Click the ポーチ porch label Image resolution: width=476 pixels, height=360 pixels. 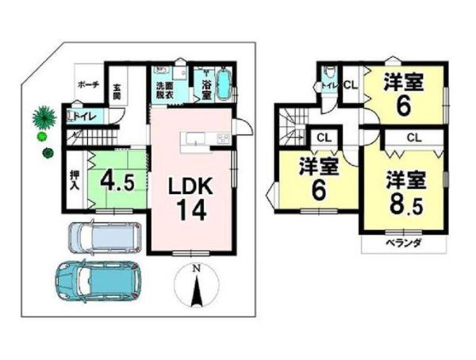pyautogui.click(x=87, y=82)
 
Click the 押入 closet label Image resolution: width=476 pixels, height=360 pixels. pyautogui.click(x=72, y=178)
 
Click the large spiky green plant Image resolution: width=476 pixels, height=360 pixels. pyautogui.click(x=43, y=118)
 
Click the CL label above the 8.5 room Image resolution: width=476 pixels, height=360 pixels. pyautogui.click(x=413, y=138)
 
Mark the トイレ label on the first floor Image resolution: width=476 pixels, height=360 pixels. pyautogui.click(x=86, y=117)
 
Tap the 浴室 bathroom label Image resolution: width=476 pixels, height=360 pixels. pyautogui.click(x=205, y=88)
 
